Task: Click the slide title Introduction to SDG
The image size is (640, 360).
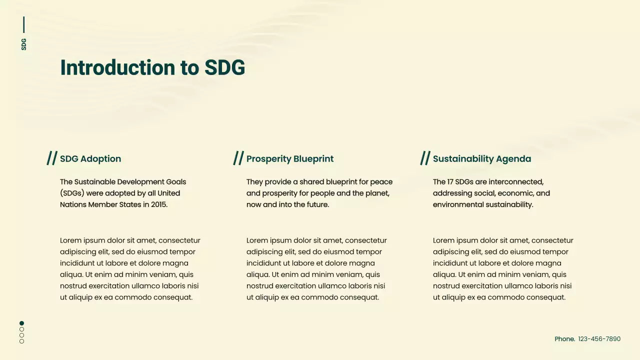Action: tap(152, 67)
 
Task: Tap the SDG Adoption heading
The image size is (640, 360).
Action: tap(90, 159)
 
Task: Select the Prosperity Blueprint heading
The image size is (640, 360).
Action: tap(290, 159)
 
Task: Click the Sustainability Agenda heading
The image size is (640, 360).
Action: tap(482, 159)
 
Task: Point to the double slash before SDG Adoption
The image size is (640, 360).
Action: tap(52, 158)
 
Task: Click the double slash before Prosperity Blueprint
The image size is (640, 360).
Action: tap(238, 158)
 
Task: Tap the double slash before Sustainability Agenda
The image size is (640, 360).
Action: tap(425, 158)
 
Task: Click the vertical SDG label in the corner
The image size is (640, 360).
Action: tap(23, 44)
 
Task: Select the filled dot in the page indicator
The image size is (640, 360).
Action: tap(21, 323)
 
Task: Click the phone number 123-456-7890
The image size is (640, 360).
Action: tap(599, 339)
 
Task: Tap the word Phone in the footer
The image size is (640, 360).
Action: tap(564, 339)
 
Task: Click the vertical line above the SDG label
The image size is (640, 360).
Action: tap(23, 24)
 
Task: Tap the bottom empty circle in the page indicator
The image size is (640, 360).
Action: tap(21, 341)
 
